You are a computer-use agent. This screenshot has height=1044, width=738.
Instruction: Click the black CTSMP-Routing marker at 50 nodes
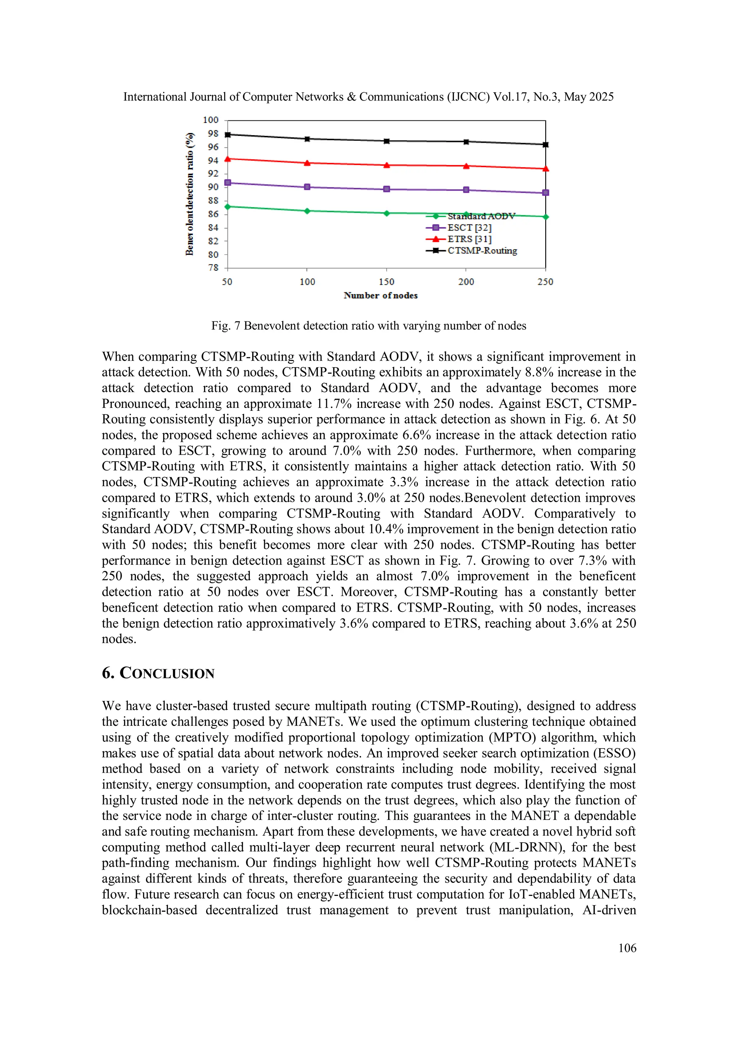[x=227, y=134]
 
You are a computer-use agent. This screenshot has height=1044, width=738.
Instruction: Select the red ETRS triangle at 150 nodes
[x=387, y=165]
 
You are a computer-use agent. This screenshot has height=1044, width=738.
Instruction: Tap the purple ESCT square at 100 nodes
[x=307, y=187]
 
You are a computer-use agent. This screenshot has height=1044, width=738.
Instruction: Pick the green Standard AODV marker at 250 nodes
[x=546, y=217]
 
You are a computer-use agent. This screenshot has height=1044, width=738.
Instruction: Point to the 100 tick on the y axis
[x=210, y=120]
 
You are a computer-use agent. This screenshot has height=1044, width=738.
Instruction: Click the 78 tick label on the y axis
[x=213, y=268]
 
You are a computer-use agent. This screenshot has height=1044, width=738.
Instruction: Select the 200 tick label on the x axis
[x=466, y=282]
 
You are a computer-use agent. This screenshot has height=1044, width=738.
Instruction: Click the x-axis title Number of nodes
[x=381, y=296]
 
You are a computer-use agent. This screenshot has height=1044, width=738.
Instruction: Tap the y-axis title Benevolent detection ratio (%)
[x=190, y=194]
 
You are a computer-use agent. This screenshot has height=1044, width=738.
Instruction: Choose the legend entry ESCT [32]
[x=469, y=227]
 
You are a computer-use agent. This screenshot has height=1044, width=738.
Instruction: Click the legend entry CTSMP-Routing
[x=482, y=250]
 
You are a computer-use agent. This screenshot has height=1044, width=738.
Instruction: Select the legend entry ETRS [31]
[x=469, y=239]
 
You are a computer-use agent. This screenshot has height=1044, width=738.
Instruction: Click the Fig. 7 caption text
[x=368, y=325]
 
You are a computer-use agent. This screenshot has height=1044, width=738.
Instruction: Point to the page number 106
[x=627, y=948]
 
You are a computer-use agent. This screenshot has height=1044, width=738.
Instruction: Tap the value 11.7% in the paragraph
[x=334, y=404]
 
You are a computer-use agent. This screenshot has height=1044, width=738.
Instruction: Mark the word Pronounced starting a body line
[x=135, y=404]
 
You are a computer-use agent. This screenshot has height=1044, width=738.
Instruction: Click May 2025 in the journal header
[x=588, y=97]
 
